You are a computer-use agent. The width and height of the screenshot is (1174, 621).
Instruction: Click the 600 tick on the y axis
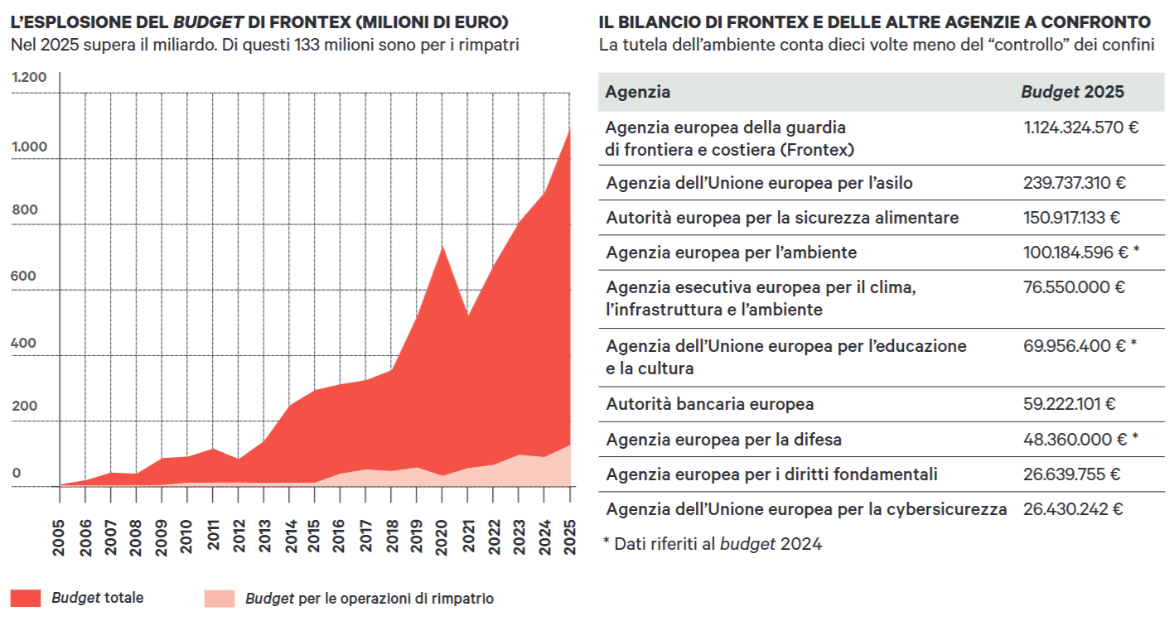(24, 276)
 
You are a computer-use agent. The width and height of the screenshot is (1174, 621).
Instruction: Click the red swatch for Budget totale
(27, 598)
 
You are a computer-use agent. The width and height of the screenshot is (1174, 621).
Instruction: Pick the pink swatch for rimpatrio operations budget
(220, 598)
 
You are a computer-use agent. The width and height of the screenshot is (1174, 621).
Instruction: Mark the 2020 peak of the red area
(442, 246)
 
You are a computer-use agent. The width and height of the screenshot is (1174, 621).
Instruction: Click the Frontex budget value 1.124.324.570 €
(1081, 128)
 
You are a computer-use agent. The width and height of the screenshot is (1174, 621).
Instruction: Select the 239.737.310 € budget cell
(1075, 183)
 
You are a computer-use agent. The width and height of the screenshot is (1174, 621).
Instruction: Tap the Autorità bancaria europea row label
(709, 404)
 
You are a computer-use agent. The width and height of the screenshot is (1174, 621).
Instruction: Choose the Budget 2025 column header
(1072, 92)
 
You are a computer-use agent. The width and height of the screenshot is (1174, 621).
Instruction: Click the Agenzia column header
(638, 92)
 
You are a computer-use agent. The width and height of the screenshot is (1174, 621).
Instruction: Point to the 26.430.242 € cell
(1073, 509)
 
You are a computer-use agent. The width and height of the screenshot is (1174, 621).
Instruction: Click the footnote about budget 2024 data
(713, 544)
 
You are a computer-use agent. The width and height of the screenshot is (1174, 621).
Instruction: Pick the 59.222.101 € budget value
(1070, 404)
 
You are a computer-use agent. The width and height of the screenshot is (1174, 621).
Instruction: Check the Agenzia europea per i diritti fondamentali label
(771, 474)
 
